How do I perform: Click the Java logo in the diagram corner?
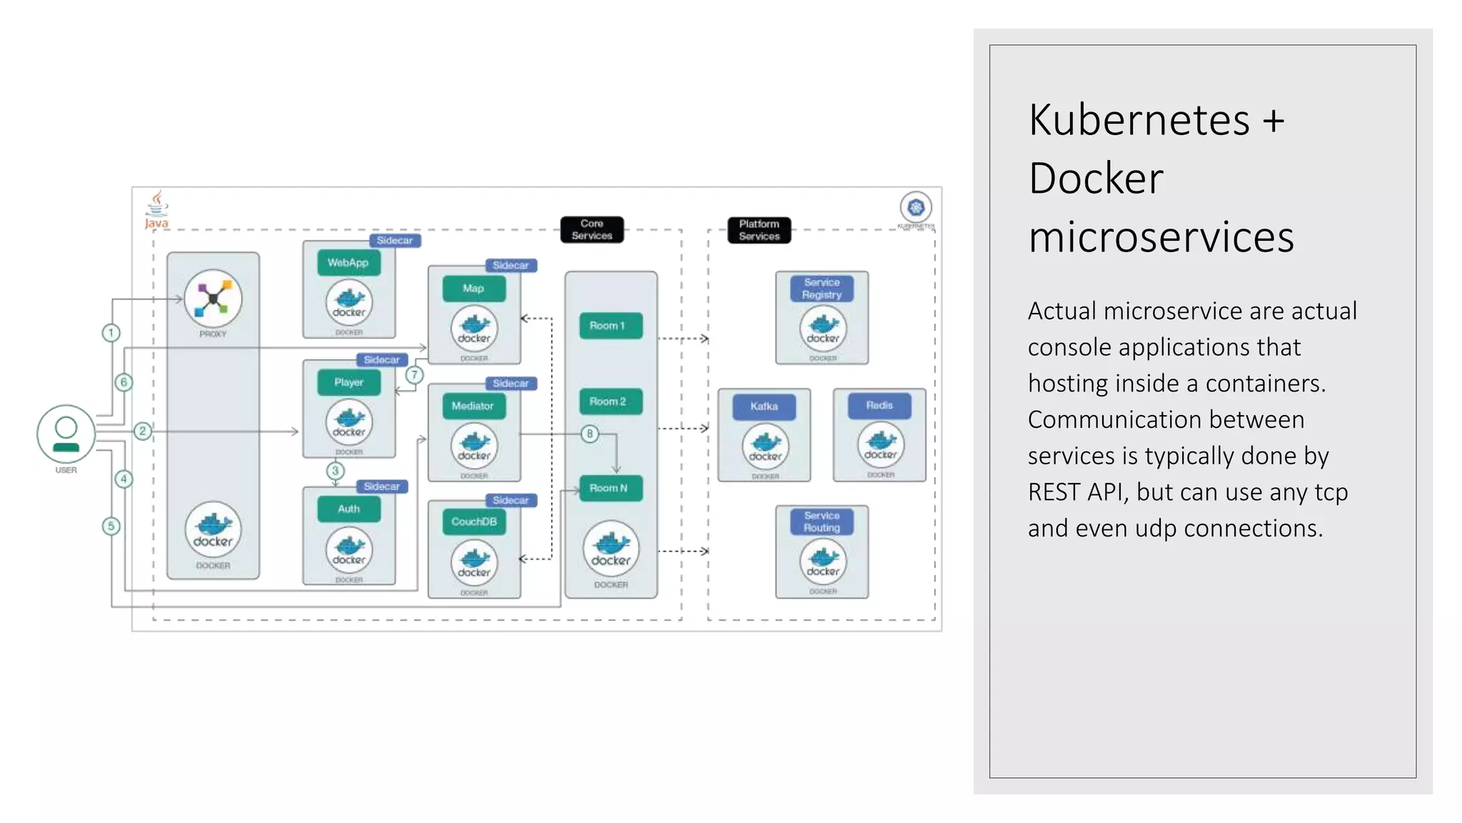(x=156, y=209)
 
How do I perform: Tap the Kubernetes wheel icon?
(x=916, y=208)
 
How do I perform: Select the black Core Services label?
(x=592, y=229)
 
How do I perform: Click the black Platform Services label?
(x=759, y=230)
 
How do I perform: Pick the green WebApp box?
(x=348, y=263)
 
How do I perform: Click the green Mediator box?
(x=473, y=406)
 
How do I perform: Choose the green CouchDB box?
(x=474, y=522)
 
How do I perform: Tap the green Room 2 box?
(x=608, y=401)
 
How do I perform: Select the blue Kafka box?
(x=764, y=406)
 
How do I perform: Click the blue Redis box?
(x=879, y=405)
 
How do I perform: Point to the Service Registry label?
(x=822, y=289)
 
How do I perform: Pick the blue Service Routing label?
(x=822, y=522)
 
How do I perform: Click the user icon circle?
(x=66, y=434)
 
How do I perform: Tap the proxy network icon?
(x=213, y=299)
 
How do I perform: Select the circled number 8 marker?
(x=590, y=434)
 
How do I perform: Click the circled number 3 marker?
(x=335, y=471)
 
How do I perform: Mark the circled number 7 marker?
(x=414, y=375)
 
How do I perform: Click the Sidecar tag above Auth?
(x=382, y=487)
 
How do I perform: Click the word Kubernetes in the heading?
(x=1139, y=119)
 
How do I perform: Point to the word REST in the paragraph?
(x=1053, y=492)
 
